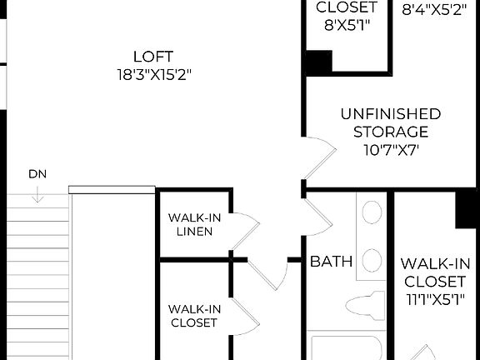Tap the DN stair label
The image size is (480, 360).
(x=37, y=174)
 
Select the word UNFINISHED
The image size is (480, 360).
(x=390, y=114)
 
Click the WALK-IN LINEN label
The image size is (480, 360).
(x=193, y=224)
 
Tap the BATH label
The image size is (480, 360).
(x=331, y=262)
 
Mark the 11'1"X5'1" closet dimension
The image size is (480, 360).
(x=435, y=297)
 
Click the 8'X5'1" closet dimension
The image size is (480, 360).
(x=347, y=25)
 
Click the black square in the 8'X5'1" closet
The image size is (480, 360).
(x=317, y=62)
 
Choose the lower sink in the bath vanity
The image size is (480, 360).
(x=372, y=259)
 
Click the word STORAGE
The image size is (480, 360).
(x=390, y=132)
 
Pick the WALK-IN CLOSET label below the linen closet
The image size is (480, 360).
(x=193, y=315)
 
